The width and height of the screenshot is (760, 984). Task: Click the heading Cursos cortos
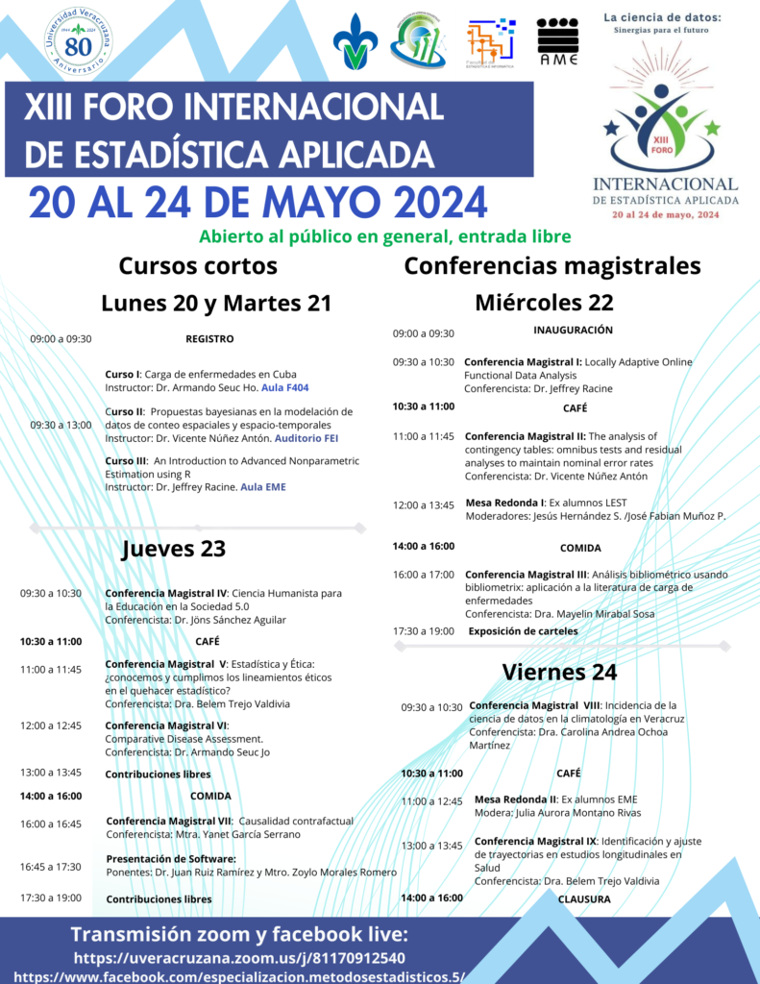coord(198,265)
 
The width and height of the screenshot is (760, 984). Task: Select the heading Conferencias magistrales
coord(552,265)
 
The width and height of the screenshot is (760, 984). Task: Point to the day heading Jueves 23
coord(173,549)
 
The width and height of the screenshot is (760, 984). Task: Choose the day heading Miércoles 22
coord(544,303)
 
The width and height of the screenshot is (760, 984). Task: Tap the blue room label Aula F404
coord(286,386)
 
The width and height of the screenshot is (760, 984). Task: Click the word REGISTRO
coord(209,338)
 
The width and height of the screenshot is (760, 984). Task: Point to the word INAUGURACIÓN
coord(573,330)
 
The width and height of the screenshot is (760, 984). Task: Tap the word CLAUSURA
coord(584,898)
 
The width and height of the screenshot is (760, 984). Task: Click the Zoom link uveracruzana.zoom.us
coord(239,958)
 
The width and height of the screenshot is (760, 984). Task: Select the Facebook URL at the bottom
coord(239,976)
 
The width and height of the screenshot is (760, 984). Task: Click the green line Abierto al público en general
coord(384,236)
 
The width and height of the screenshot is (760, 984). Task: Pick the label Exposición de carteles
coord(523,631)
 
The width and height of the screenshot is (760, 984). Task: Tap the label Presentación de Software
coord(170,858)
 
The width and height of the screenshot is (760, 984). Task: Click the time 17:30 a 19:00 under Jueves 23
coord(51,898)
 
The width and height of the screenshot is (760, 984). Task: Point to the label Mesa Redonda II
coord(515,799)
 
